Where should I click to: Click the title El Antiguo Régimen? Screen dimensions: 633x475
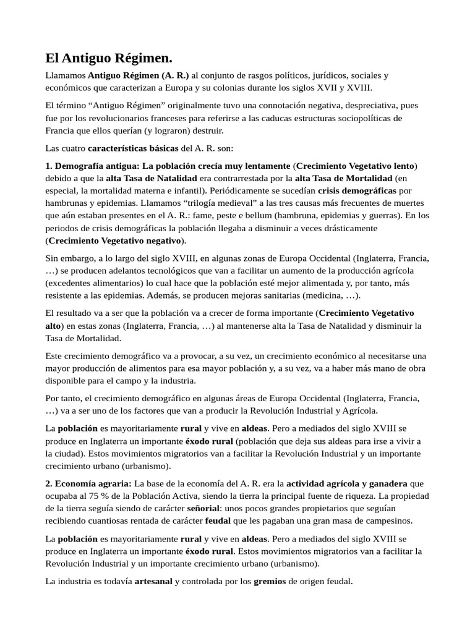(x=109, y=59)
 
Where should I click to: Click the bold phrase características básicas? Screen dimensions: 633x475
(x=132, y=148)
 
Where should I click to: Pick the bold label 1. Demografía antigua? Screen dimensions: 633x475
(x=93, y=166)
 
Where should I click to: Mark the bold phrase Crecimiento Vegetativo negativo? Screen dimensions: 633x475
(x=115, y=240)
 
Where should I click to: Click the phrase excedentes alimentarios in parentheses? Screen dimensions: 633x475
(x=92, y=283)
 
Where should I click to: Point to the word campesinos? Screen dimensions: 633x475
(x=390, y=520)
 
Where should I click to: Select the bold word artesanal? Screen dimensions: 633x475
(x=154, y=581)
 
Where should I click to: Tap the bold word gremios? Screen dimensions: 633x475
(x=270, y=581)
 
